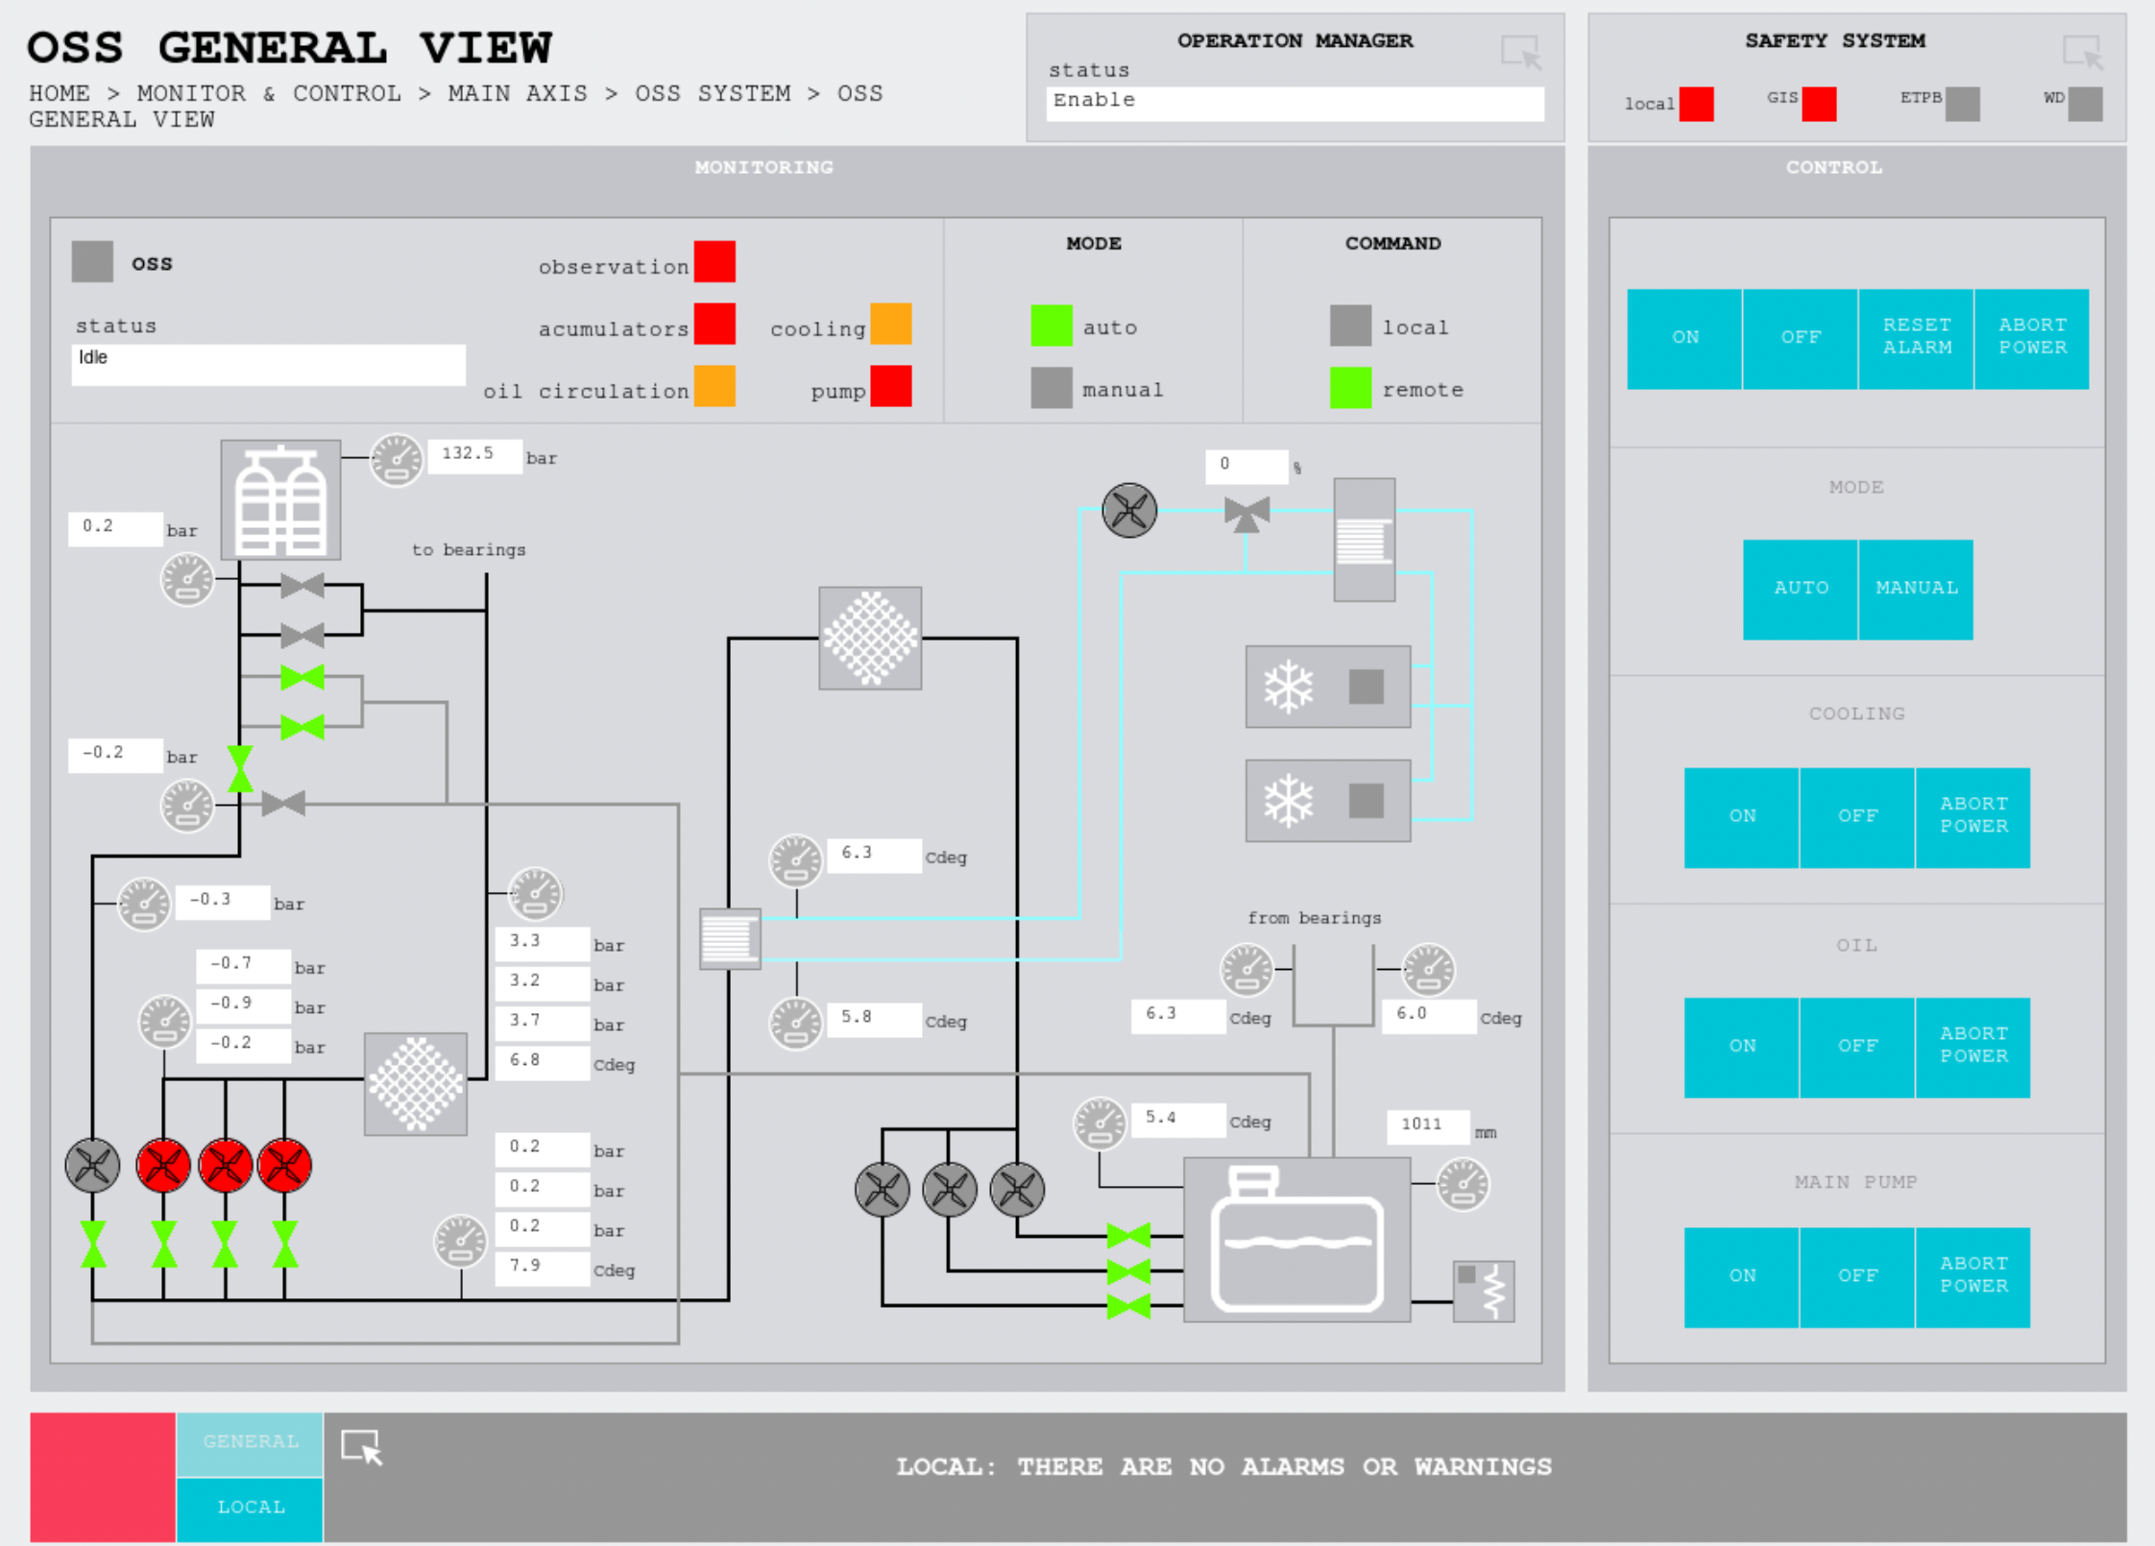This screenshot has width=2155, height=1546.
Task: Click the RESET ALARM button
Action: (1915, 338)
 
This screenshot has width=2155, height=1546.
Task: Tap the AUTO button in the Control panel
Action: (1800, 589)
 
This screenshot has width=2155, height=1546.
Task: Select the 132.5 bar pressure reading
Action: (474, 454)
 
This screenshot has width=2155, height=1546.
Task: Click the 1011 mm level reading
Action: (1427, 1124)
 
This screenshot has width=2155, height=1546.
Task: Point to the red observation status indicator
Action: (714, 262)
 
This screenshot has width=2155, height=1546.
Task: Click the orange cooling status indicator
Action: (890, 325)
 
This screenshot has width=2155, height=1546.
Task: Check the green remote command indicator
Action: (1349, 388)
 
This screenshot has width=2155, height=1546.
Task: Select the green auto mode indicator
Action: (1051, 326)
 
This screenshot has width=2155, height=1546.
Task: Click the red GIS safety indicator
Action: (1818, 104)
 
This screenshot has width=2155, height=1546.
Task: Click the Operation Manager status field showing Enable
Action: (1294, 103)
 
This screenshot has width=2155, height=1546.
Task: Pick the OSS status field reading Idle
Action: (268, 364)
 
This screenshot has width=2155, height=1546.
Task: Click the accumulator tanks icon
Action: (280, 500)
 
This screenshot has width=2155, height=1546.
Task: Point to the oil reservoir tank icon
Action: (1296, 1240)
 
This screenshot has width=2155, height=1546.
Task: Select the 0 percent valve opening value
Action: (1246, 466)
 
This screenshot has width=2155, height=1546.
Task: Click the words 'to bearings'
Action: (469, 550)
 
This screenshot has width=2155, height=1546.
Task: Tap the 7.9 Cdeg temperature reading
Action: (541, 1267)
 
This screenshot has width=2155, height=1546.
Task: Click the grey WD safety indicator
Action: (2084, 104)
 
